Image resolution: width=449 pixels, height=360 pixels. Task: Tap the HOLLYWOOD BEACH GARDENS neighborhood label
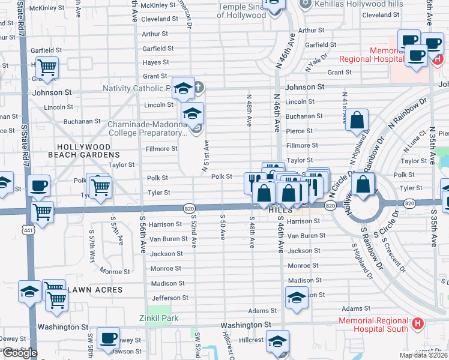(84, 151)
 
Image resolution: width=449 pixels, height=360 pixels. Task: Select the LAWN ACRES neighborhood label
(96, 290)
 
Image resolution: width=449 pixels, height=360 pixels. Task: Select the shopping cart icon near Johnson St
(47, 67)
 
